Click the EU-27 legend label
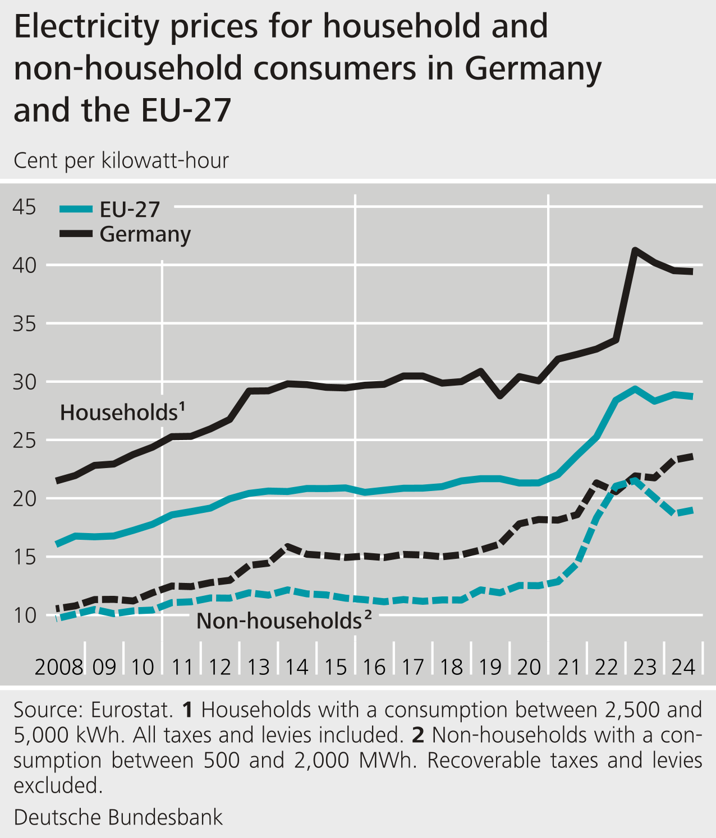[x=130, y=210]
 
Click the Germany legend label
[x=145, y=234]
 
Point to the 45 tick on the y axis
[x=24, y=207]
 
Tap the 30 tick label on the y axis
[x=24, y=382]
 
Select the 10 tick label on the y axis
[x=24, y=615]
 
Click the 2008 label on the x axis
[x=59, y=667]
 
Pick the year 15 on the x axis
[x=336, y=667]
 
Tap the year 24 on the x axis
[x=683, y=667]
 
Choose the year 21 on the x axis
[x=568, y=667]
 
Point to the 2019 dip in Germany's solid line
[x=500, y=396]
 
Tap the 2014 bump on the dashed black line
[x=288, y=546]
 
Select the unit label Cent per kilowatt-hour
[x=121, y=161]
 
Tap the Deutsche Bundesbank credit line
[x=118, y=817]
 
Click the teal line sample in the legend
[x=76, y=210]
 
